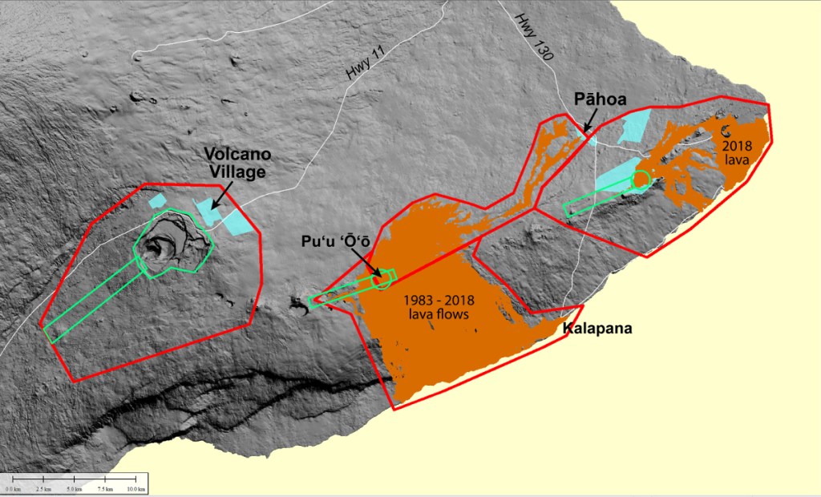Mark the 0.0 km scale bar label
coord(12,489)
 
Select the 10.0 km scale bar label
coord(136,489)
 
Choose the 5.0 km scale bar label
coord(75,489)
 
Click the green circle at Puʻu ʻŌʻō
coord(382,279)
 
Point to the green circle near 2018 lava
coord(641,180)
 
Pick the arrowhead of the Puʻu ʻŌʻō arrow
coord(378,275)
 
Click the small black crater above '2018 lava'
coord(727,131)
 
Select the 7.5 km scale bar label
coord(106,489)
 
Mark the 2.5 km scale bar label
coord(43,489)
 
